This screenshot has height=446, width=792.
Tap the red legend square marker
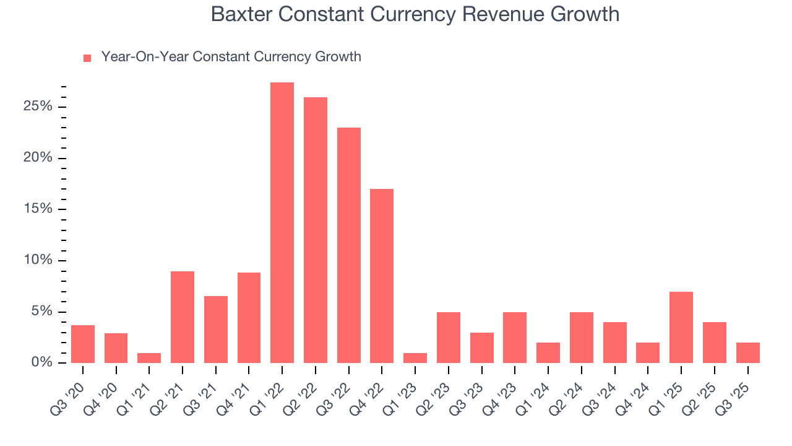[x=87, y=58]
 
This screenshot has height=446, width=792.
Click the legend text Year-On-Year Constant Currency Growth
[x=231, y=57]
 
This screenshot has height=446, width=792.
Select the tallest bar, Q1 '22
[x=282, y=222]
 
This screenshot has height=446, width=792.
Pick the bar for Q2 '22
[x=316, y=230]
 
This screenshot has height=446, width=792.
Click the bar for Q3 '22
[x=348, y=245]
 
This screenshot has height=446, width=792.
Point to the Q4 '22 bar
[x=382, y=276]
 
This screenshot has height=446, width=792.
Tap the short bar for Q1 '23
[x=415, y=357]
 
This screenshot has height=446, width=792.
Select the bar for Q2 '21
[x=183, y=317]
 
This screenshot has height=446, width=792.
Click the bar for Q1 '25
[x=681, y=327]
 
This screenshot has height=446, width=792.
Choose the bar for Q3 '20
[x=83, y=344]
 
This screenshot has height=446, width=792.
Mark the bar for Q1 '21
[x=149, y=357]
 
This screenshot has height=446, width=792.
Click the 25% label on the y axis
[x=38, y=107]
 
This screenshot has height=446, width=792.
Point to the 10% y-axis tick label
[x=38, y=260]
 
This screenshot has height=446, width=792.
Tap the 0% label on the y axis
[x=41, y=362]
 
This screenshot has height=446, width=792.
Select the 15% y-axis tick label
[x=38, y=209]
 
